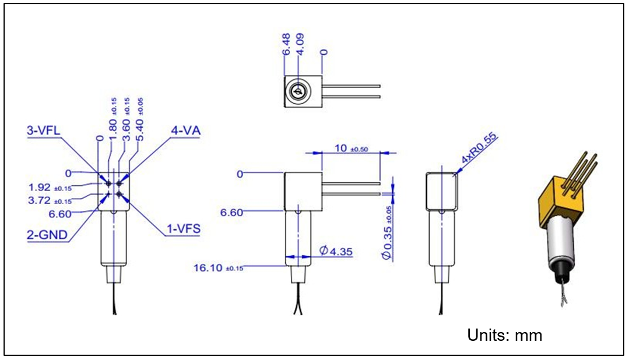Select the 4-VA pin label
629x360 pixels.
click(185, 131)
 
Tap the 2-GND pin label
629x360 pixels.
click(46, 235)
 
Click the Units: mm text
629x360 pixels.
click(504, 335)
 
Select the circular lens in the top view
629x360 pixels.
click(297, 92)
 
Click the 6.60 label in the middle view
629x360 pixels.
click(231, 213)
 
